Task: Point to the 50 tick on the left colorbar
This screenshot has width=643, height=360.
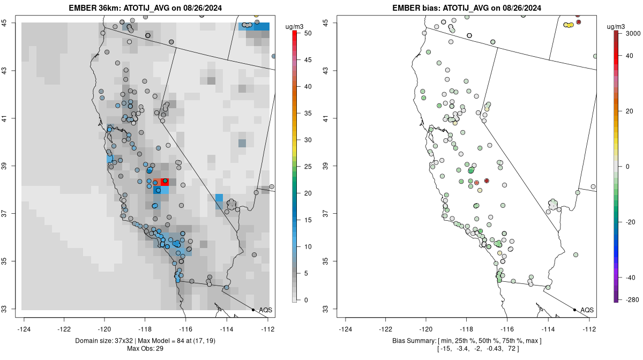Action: (307, 33)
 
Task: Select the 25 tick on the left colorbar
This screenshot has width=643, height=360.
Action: (307, 166)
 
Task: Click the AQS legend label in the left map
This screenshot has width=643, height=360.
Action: (266, 310)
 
